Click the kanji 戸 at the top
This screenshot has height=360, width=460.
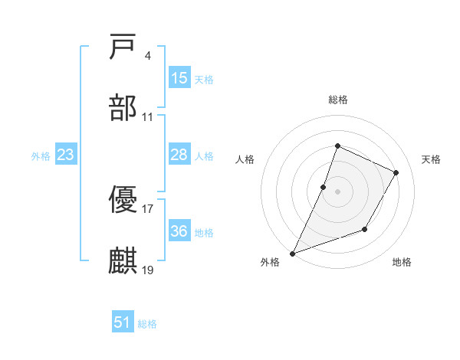[123, 47]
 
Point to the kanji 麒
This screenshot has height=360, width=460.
[123, 260]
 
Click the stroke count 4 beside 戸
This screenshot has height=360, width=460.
[147, 56]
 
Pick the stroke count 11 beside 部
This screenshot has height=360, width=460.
[148, 116]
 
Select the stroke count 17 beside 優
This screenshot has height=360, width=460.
[148, 208]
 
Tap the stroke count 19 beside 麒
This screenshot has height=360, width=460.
[148, 269]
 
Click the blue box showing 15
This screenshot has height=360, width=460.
[179, 78]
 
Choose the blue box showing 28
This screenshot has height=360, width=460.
[179, 155]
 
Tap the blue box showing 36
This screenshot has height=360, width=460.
[179, 231]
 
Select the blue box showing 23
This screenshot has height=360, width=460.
[66, 155]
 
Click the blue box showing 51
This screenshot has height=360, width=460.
[123, 322]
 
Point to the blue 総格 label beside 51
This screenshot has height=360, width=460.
[147, 324]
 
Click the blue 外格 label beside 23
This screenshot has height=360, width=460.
[41, 156]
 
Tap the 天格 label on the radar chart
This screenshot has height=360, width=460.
[432, 159]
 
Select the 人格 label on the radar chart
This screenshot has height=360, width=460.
[245, 159]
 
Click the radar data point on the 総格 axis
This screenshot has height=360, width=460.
[337, 146]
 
